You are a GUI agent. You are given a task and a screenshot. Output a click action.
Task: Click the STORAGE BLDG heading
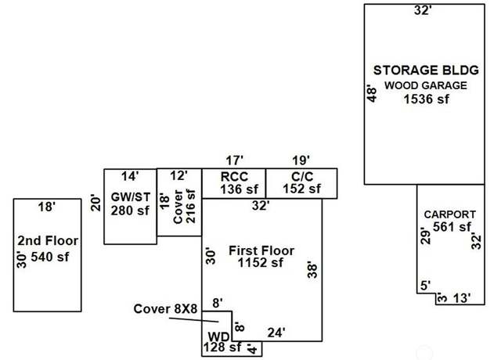click(426, 70)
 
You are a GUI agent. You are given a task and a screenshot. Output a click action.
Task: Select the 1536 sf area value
click(426, 99)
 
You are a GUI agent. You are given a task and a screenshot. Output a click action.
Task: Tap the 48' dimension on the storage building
click(372, 93)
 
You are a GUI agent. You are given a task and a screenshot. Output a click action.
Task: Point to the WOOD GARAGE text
click(426, 85)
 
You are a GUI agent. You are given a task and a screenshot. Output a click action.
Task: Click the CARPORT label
click(450, 214)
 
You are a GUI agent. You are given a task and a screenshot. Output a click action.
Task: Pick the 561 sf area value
click(452, 227)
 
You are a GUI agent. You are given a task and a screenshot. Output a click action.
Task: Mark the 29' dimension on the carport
click(426, 236)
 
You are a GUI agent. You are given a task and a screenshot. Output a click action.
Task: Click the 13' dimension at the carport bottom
click(462, 298)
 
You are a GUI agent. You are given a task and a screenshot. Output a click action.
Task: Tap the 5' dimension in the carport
click(426, 286)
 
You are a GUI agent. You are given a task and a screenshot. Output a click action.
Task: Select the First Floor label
click(261, 250)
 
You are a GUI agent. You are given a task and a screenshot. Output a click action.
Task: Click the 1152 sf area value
click(261, 263)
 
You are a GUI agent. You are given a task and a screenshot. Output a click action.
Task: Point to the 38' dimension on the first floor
click(312, 270)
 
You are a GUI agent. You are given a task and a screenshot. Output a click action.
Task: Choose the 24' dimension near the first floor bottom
click(276, 333)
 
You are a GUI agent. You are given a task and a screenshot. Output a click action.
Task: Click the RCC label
click(234, 177)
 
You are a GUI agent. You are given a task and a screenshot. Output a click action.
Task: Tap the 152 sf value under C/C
click(301, 189)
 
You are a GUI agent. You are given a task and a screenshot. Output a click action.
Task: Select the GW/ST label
click(131, 197)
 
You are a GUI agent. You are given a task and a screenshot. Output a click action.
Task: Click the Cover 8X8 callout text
click(165, 309)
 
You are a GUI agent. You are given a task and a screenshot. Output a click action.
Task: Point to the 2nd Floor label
click(48, 240)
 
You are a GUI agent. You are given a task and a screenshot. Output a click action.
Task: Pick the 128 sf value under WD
click(222, 347)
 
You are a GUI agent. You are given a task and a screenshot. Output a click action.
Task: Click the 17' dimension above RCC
click(235, 160)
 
